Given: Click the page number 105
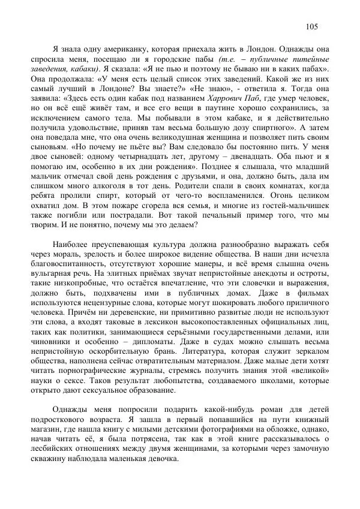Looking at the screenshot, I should (x=311, y=26).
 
